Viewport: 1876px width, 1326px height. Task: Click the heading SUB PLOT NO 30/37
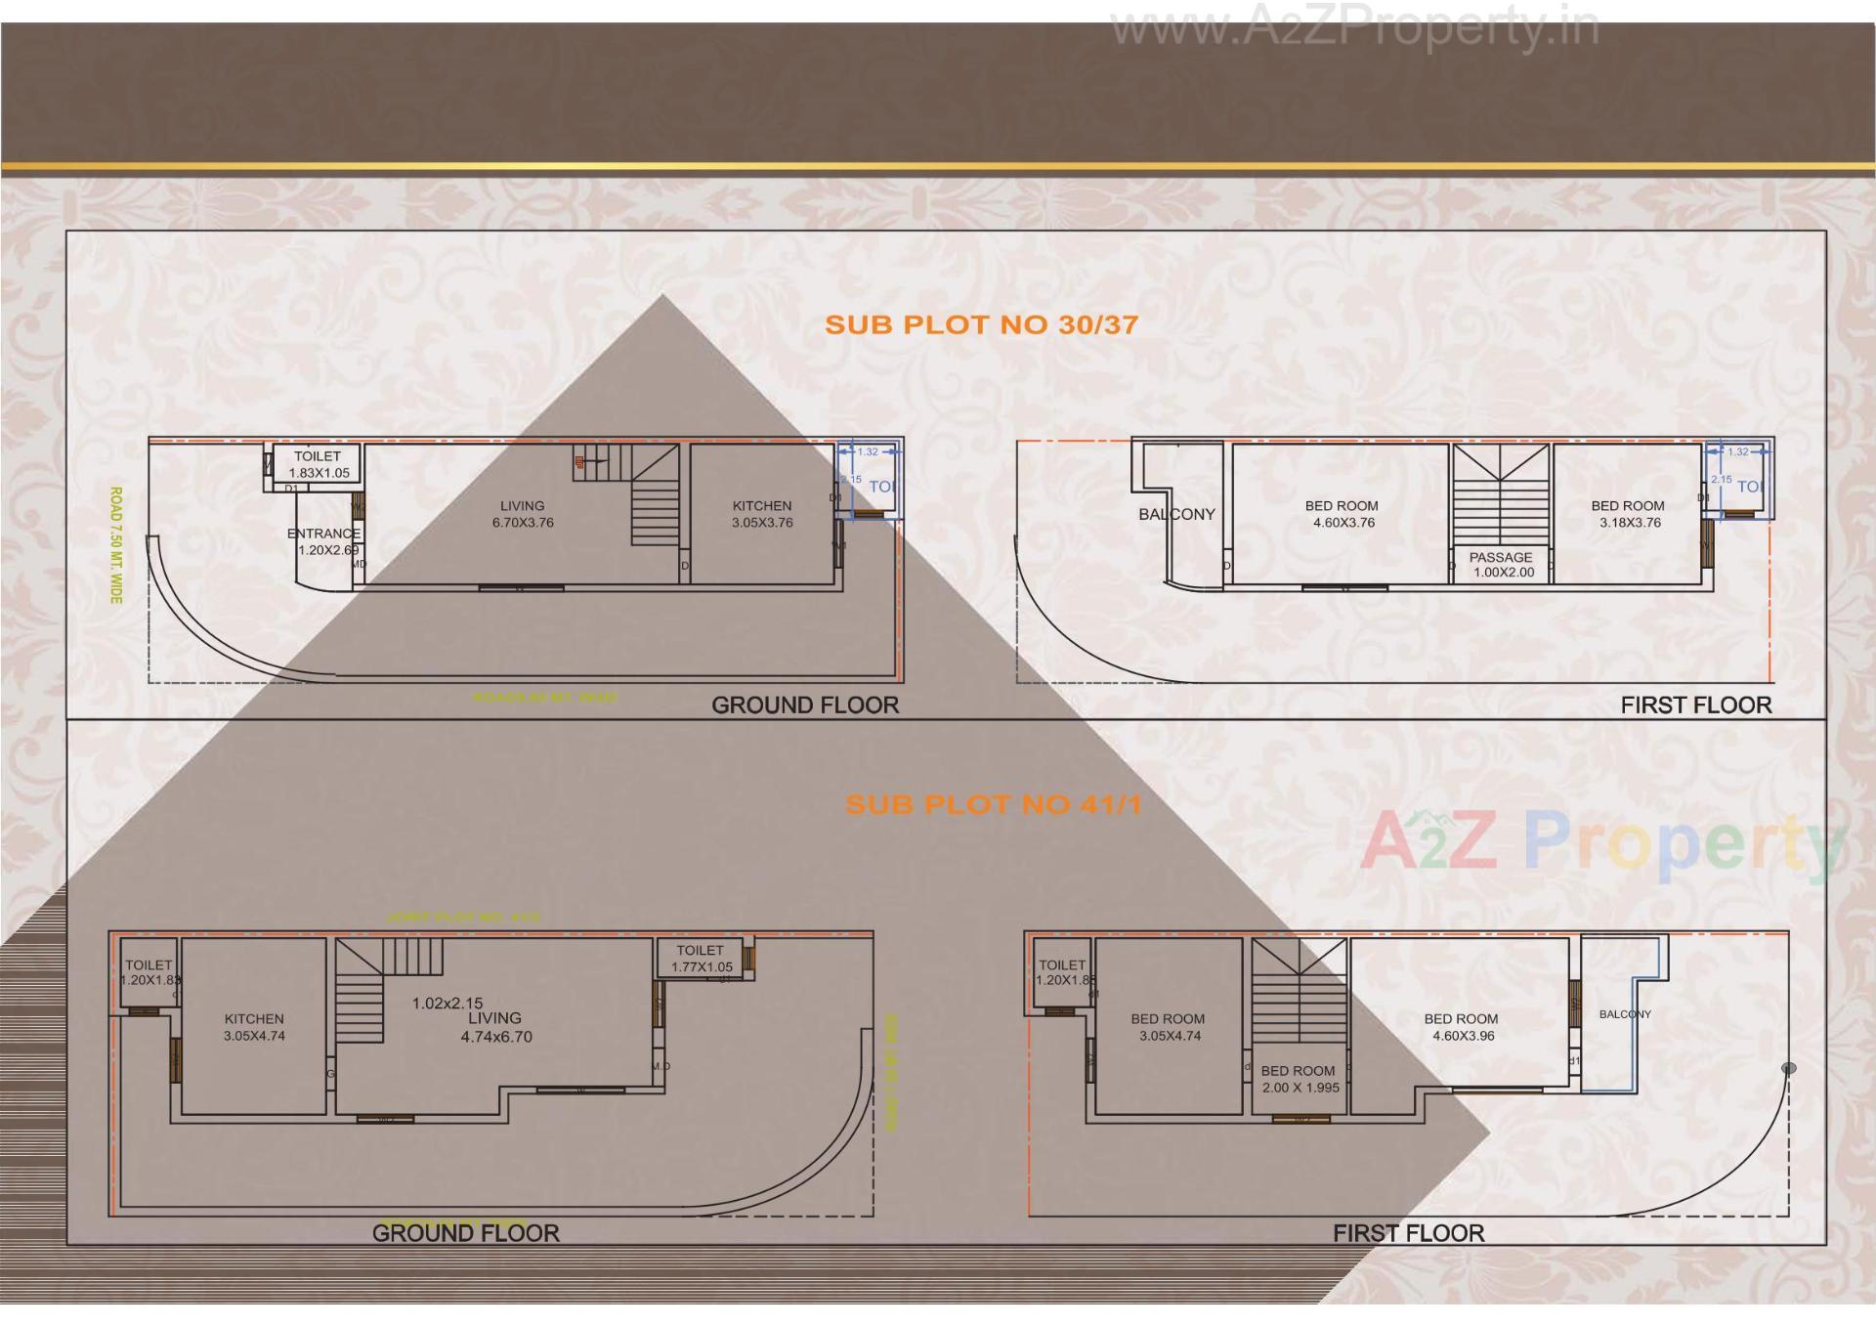(x=981, y=325)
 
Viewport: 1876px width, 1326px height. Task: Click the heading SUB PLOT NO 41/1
(x=993, y=805)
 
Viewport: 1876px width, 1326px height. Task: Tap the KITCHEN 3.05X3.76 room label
(x=762, y=514)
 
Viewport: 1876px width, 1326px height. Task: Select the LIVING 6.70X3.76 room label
(x=523, y=514)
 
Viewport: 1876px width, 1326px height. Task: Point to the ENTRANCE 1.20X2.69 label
(x=324, y=541)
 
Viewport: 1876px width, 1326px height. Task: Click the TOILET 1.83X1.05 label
(x=318, y=464)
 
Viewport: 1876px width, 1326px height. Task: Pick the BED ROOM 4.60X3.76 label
(x=1343, y=514)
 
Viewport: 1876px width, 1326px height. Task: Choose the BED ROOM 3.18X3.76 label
(x=1628, y=514)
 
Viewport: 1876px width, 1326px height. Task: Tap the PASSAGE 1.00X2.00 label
(x=1502, y=565)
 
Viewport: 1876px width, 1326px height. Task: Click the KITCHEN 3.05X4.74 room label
(x=254, y=1027)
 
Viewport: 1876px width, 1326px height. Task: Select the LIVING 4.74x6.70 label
(x=495, y=1027)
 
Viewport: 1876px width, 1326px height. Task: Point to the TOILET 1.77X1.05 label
(x=701, y=959)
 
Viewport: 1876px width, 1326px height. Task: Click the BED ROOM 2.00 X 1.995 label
(x=1299, y=1079)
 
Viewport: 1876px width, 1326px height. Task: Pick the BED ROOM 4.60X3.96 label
(x=1462, y=1027)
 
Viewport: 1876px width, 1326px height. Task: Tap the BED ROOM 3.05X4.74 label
(x=1169, y=1027)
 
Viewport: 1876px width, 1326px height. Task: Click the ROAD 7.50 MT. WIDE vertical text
(x=115, y=545)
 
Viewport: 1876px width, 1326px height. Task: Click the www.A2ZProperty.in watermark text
(x=1354, y=27)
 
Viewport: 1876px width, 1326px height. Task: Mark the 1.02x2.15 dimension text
(x=448, y=1003)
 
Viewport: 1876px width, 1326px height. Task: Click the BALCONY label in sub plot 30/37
(x=1176, y=514)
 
